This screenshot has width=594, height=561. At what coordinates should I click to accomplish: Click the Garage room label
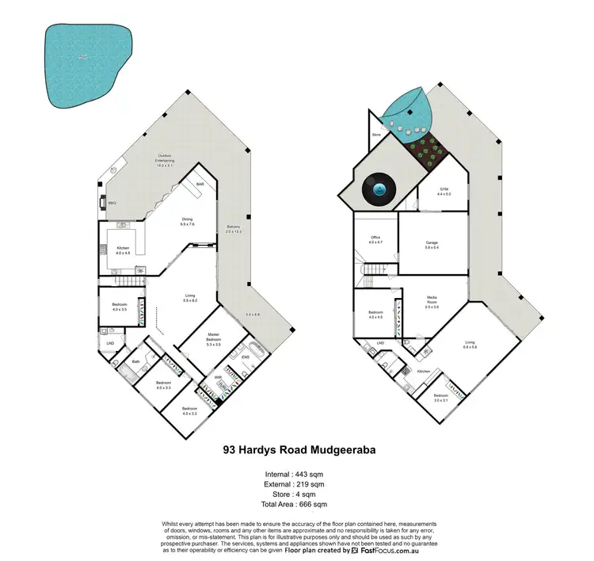click(432, 242)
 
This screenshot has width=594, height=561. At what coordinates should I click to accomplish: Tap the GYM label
click(444, 189)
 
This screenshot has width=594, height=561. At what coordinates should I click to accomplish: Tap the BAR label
click(200, 185)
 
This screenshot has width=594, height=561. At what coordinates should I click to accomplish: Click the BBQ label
click(112, 203)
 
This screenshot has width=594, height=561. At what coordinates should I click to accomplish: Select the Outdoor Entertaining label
click(165, 156)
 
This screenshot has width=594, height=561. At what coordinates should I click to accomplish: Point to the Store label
click(375, 135)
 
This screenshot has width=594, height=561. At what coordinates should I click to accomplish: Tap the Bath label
click(135, 361)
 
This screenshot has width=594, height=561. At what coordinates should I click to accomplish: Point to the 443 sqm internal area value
click(312, 474)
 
